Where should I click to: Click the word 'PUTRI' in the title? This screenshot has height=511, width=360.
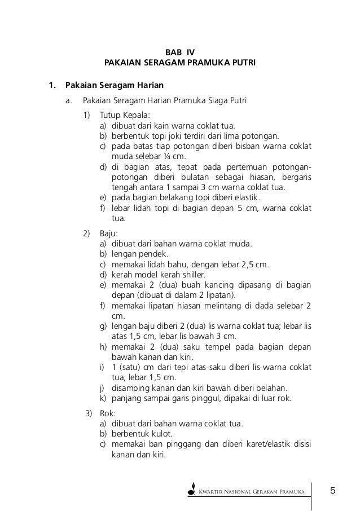pyautogui.click(x=243, y=62)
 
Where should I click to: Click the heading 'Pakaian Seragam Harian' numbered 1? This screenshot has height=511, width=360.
pyautogui.click(x=115, y=86)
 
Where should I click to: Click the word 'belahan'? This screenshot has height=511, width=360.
pyautogui.click(x=270, y=388)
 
